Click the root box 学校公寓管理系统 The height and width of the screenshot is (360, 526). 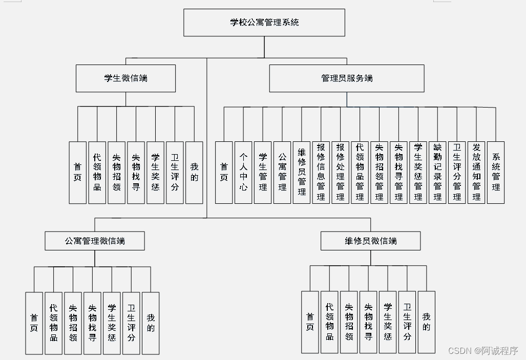[x=264, y=23]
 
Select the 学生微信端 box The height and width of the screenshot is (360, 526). [x=125, y=78]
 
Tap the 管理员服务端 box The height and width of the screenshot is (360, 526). [x=347, y=78]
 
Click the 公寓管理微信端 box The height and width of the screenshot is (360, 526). [x=95, y=241]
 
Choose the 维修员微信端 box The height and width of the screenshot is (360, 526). [x=370, y=241]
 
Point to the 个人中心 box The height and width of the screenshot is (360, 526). [x=243, y=173]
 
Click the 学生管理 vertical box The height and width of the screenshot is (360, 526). [x=263, y=173]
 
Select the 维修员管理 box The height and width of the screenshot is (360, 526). [x=302, y=173]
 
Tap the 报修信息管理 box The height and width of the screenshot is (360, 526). [x=321, y=173]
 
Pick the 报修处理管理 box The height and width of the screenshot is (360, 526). [x=341, y=173]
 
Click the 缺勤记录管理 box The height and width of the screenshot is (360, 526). [x=437, y=173]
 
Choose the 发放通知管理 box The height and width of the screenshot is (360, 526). [x=476, y=173]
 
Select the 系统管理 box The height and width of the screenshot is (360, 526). [x=496, y=173]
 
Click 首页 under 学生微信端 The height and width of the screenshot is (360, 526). [x=78, y=173]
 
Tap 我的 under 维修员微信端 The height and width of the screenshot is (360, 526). [x=426, y=322]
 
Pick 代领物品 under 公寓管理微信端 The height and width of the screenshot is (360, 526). [x=54, y=323]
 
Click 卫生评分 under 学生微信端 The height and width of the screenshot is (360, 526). [x=175, y=173]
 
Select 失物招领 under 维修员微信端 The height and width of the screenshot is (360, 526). [x=349, y=322]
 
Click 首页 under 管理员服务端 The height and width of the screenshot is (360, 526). [x=224, y=173]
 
